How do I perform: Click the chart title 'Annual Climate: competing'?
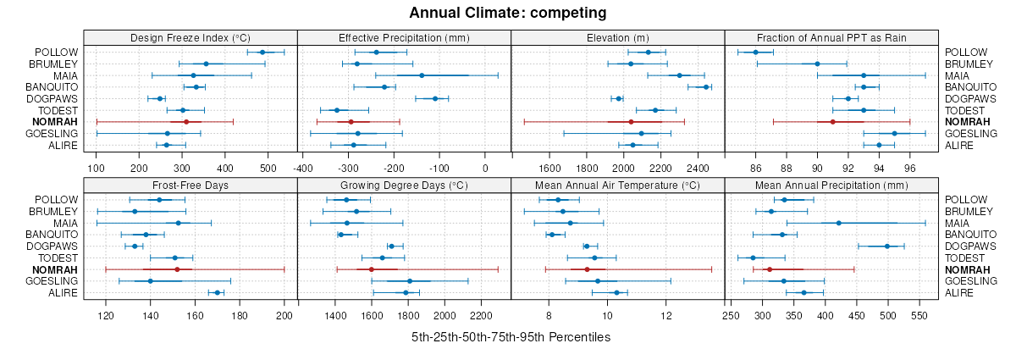[x=508, y=13]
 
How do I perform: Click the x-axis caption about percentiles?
[x=511, y=336]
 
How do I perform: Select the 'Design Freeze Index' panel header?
[x=190, y=37]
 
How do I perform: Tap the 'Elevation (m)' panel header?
[x=618, y=37]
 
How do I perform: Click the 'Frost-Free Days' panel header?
[x=190, y=185]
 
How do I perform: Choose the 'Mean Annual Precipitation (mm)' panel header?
[x=831, y=185]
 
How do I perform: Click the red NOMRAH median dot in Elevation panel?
[x=631, y=122]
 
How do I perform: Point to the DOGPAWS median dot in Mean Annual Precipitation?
[x=887, y=246]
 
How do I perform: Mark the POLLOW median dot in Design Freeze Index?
[x=262, y=53]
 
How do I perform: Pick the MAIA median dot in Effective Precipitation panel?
[x=422, y=75]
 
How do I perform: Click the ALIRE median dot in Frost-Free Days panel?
[x=217, y=293]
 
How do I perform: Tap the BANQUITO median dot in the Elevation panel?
[x=706, y=86]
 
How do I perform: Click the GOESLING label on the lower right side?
[x=968, y=281]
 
